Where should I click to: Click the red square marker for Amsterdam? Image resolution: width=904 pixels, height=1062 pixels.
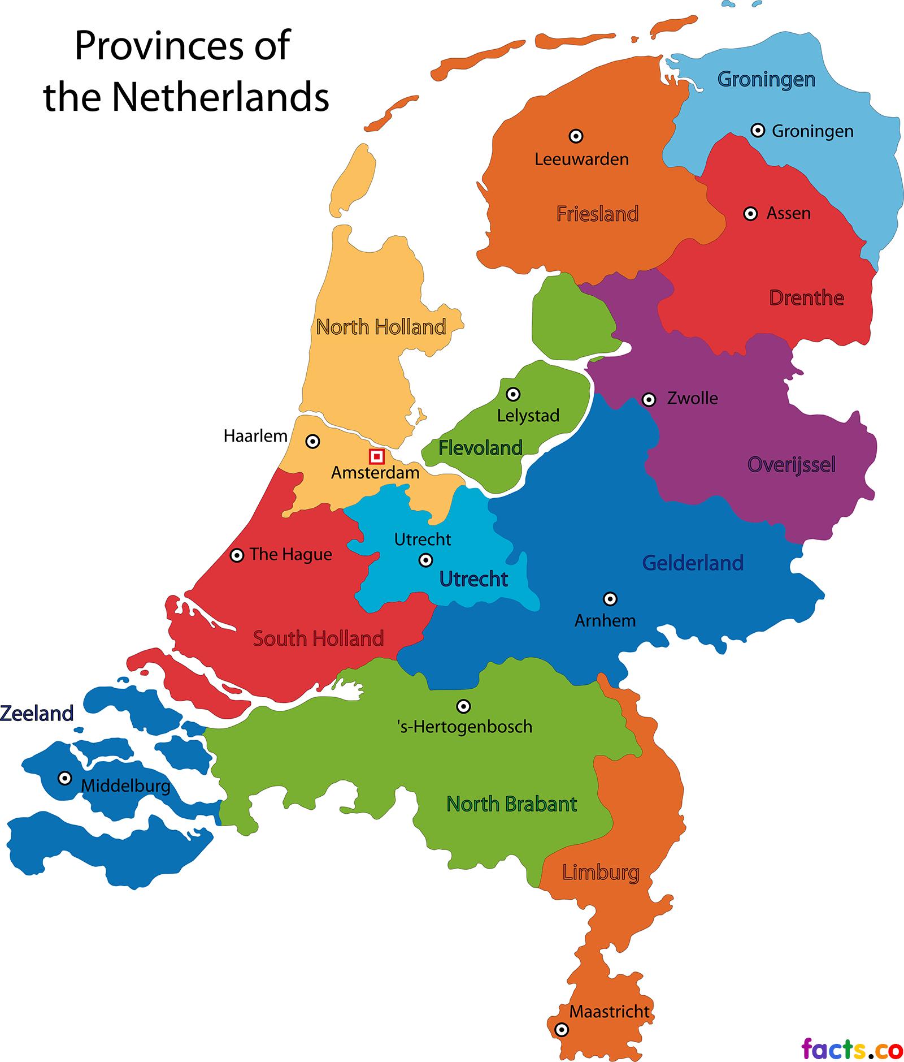tap(377, 456)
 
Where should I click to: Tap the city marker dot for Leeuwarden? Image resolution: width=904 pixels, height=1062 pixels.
tap(576, 136)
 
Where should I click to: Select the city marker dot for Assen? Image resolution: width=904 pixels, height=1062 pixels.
tap(750, 214)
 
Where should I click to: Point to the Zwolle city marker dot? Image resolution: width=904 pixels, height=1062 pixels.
tap(649, 400)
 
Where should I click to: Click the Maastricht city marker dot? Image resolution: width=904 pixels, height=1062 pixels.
tap(561, 1029)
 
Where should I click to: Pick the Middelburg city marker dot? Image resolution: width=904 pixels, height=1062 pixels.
tap(65, 778)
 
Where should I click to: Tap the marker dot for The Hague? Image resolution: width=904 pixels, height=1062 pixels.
tap(237, 555)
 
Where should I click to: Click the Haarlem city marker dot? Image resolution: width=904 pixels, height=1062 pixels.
tap(312, 441)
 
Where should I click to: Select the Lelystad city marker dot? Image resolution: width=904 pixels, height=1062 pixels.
tap(512, 394)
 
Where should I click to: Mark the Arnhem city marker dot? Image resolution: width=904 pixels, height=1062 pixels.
tap(610, 598)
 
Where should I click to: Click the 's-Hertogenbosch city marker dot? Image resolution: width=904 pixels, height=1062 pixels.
tap(463, 706)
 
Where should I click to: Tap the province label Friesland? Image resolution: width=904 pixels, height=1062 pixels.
tap(597, 214)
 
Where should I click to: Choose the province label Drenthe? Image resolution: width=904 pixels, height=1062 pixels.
tap(806, 297)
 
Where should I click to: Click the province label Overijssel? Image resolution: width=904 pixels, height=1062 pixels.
tap(791, 465)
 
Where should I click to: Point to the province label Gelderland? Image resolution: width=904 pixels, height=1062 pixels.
tap(693, 563)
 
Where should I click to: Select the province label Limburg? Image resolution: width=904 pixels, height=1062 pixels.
tap(601, 872)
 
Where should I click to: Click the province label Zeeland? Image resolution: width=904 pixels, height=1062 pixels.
tap(37, 713)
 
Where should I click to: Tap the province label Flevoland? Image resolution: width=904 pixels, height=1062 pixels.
tap(480, 448)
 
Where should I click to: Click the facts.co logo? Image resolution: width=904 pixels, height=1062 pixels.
tap(852, 1048)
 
